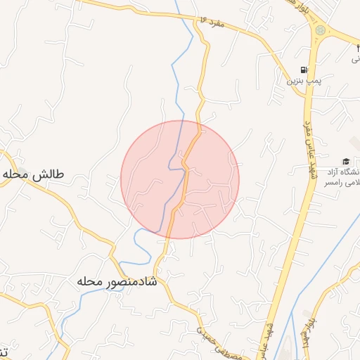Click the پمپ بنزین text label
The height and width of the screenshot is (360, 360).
(303, 81)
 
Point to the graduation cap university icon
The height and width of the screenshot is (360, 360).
(346, 161)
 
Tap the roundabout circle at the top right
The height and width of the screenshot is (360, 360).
(321, 30)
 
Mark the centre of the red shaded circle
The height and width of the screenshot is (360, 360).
(180, 179)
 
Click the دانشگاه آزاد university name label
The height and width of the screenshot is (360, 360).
(347, 172)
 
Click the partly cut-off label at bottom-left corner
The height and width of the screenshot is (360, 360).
(4, 350)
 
